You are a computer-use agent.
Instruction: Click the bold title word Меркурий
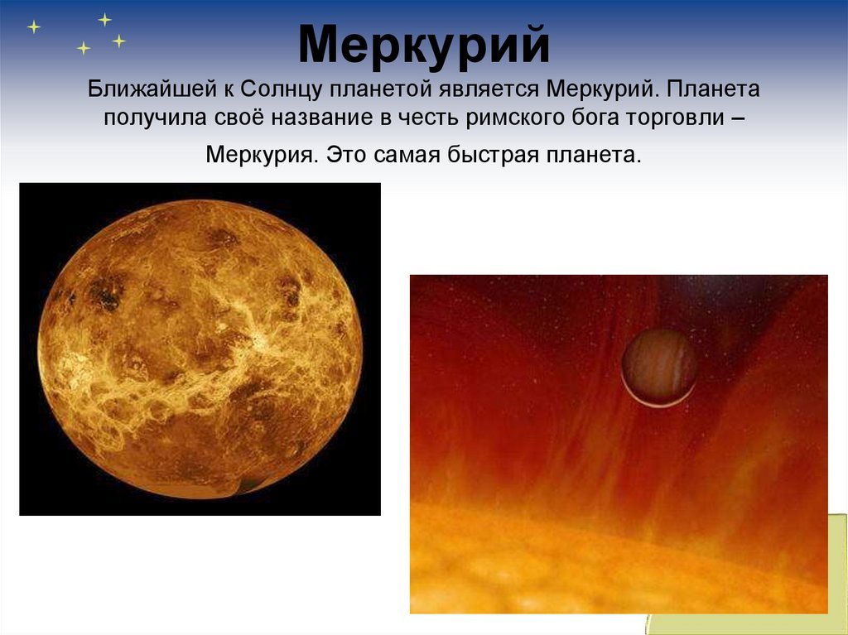click(424, 45)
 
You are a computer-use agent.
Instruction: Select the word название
click(322, 118)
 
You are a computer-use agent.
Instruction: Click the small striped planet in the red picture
click(658, 368)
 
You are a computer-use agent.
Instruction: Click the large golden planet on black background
click(200, 349)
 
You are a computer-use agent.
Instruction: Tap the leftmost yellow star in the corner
click(33, 26)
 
